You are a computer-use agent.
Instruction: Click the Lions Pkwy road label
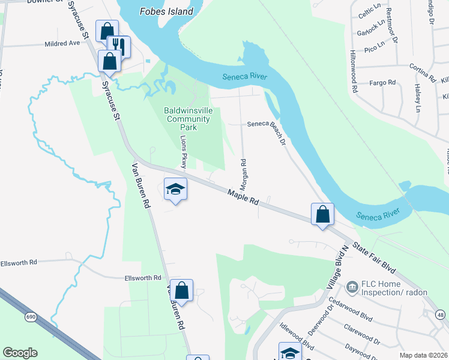point(184,152)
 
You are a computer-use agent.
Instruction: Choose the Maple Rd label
point(243,197)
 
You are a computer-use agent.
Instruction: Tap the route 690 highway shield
point(29,316)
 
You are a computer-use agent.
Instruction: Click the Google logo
point(20,353)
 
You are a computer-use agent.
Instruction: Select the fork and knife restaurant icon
point(118,46)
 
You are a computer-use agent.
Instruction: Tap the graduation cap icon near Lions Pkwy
point(175,189)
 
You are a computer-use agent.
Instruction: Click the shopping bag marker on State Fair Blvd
point(322,214)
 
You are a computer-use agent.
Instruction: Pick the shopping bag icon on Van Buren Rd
point(181,290)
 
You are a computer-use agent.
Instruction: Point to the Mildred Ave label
point(62,44)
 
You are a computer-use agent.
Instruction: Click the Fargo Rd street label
point(382,82)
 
